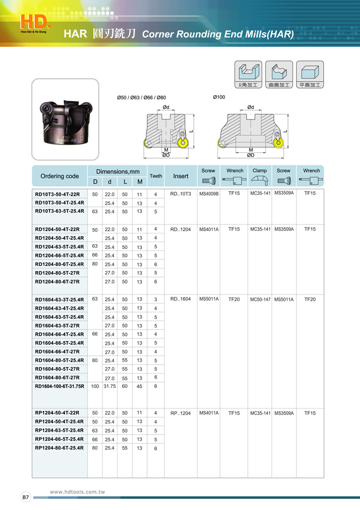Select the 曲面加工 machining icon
click(x=279, y=75)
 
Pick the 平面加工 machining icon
click(x=310, y=75)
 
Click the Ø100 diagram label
click(x=219, y=97)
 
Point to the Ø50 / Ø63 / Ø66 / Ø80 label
click(x=141, y=97)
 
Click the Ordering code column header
click(x=59, y=176)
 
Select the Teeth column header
click(x=156, y=176)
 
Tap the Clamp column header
click(x=259, y=171)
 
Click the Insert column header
click(x=180, y=176)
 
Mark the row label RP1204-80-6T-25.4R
click(x=59, y=448)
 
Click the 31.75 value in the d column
click(x=109, y=386)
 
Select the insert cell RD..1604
click(x=180, y=299)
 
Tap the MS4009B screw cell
click(x=209, y=193)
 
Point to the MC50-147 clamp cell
click(x=260, y=299)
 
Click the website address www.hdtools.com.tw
click(x=77, y=492)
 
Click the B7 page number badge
click(x=25, y=497)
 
